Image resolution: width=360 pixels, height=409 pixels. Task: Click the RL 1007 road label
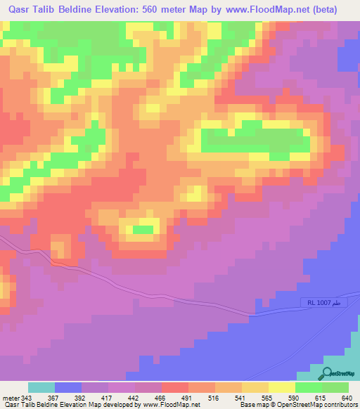(x=324, y=302)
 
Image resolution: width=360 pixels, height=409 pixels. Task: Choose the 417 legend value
(x=108, y=398)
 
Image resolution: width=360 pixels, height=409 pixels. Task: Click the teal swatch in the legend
(x=41, y=387)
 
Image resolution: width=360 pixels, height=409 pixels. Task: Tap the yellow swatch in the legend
(x=282, y=387)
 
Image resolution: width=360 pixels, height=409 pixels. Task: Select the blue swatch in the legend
(x=68, y=387)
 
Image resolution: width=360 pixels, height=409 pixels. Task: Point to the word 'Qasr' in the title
(x=20, y=9)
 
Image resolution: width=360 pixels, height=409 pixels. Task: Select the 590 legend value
(x=295, y=398)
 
